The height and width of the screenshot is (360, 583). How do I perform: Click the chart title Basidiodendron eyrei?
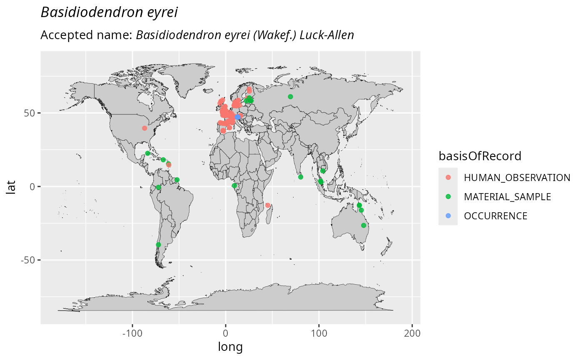click(x=109, y=12)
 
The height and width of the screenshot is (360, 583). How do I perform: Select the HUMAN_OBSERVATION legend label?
click(x=517, y=178)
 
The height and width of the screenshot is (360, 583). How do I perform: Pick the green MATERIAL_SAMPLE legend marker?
click(x=448, y=197)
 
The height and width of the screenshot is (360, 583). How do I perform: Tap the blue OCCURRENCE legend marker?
click(x=448, y=216)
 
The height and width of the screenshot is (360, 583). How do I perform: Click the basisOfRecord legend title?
click(x=480, y=156)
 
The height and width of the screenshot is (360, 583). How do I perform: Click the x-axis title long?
click(x=230, y=346)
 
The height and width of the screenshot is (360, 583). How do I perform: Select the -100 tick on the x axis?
click(x=132, y=333)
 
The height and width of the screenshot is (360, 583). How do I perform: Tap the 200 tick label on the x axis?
click(x=412, y=333)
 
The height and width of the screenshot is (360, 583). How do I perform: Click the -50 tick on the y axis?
click(x=29, y=260)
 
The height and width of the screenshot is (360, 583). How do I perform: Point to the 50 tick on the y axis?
click(x=32, y=113)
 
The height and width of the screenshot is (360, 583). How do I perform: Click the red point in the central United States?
click(x=145, y=128)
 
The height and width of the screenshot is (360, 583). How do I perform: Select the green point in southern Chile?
click(x=158, y=245)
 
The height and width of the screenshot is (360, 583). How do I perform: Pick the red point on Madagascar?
click(x=268, y=205)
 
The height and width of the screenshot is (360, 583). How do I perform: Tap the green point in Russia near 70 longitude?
click(x=290, y=97)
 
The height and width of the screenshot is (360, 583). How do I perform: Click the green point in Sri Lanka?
click(x=301, y=177)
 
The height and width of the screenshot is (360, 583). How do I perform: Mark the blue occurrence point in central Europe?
click(x=237, y=117)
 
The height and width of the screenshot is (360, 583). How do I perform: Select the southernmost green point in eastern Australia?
click(x=364, y=225)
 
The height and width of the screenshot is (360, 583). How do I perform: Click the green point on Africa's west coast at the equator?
click(x=234, y=186)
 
